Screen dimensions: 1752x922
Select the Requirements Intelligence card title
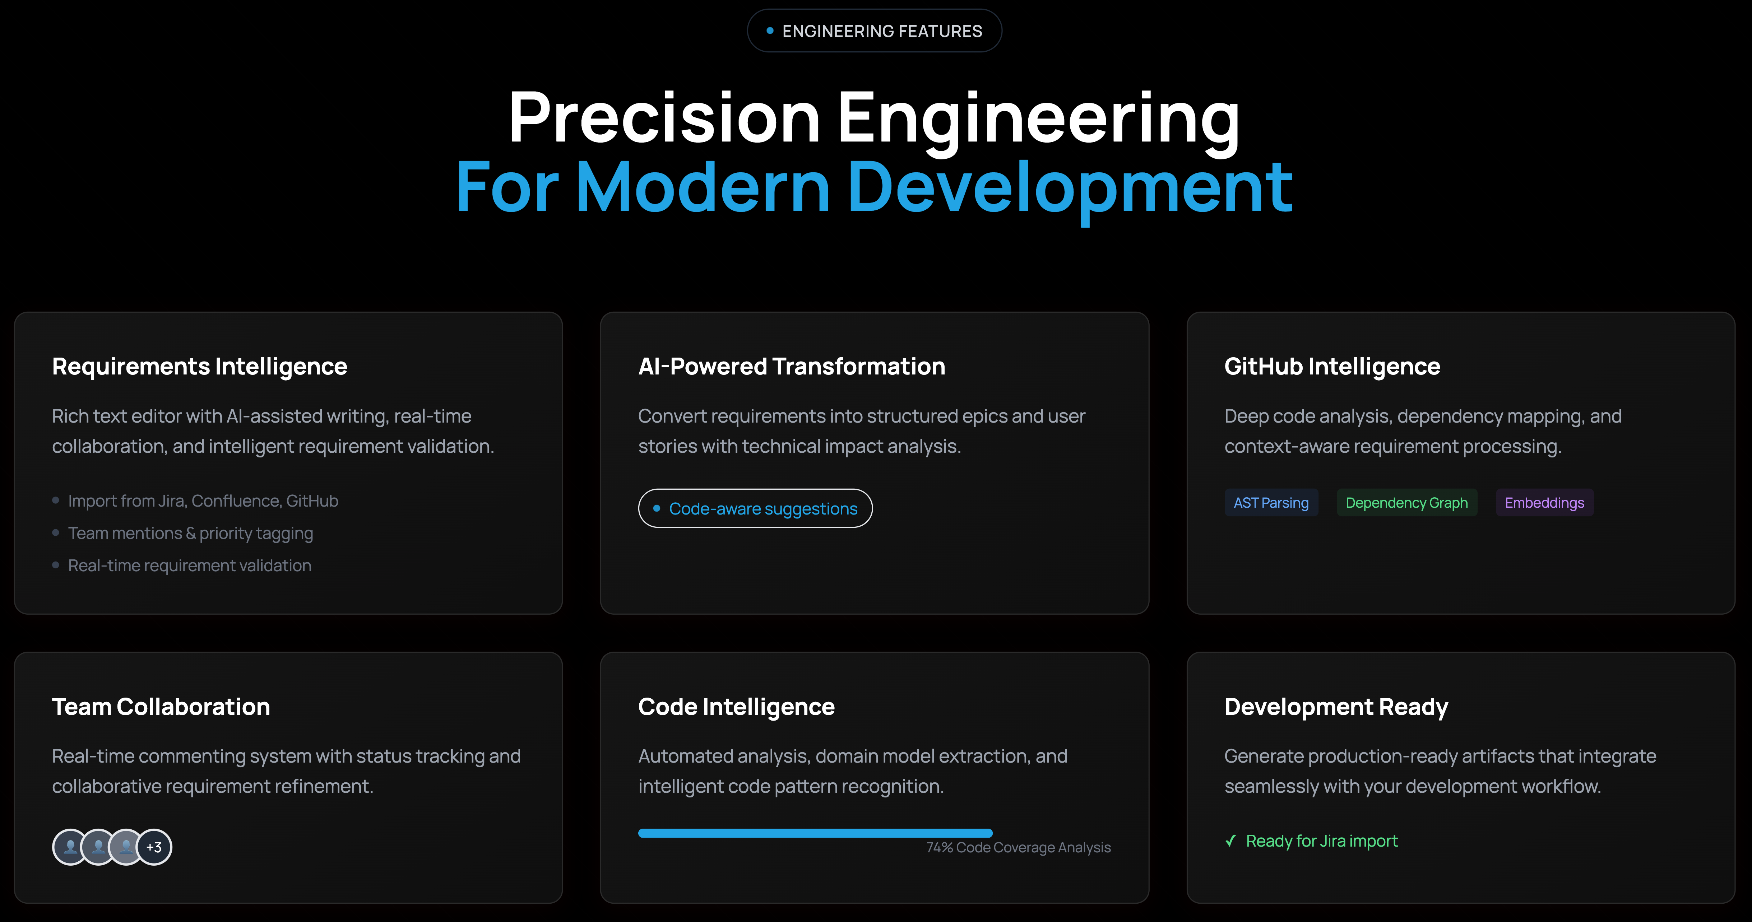pyautogui.click(x=199, y=367)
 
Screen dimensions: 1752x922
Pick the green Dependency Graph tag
pyautogui.click(x=1406, y=503)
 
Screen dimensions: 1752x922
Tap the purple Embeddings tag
pyautogui.click(x=1544, y=503)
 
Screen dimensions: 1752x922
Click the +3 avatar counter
pyautogui.click(x=154, y=847)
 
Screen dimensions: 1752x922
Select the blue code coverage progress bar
pyautogui.click(x=815, y=833)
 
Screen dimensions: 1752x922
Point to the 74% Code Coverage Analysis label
pyautogui.click(x=1018, y=847)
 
